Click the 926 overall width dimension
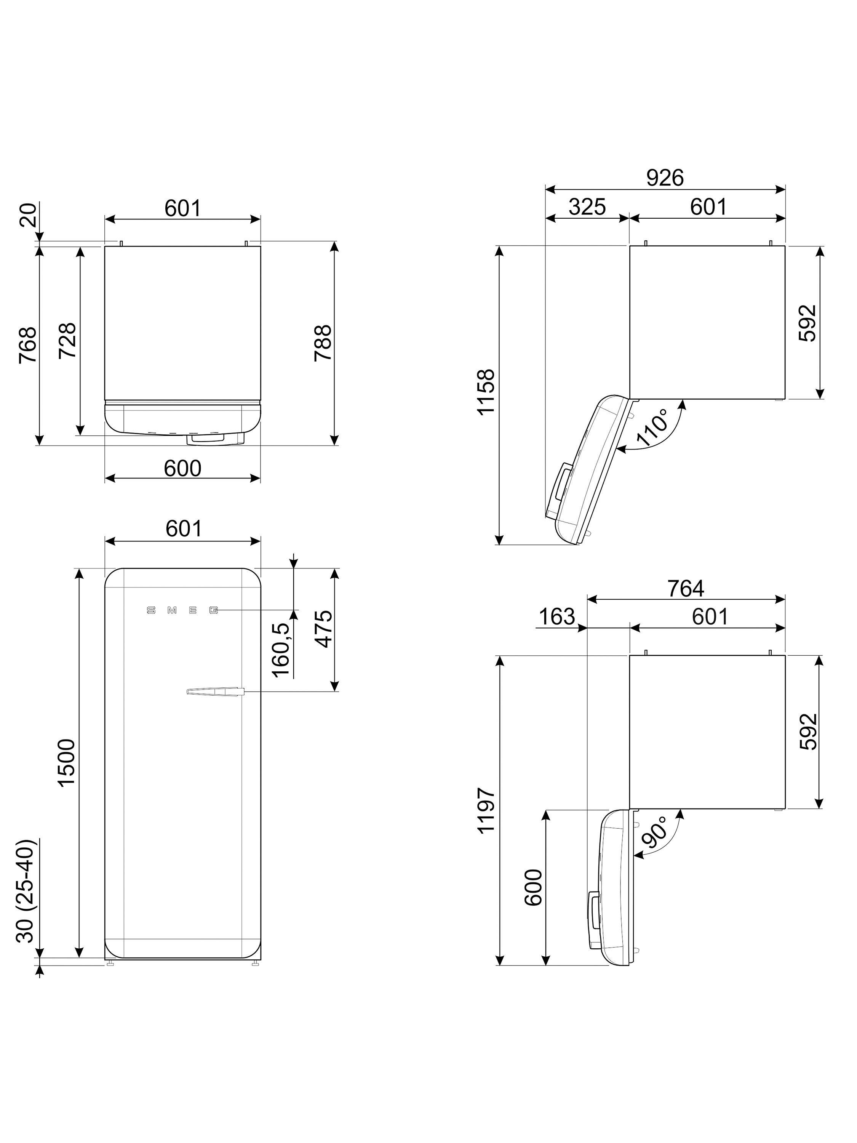pos(665,178)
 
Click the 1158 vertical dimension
pos(486,391)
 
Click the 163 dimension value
pos(556,616)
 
